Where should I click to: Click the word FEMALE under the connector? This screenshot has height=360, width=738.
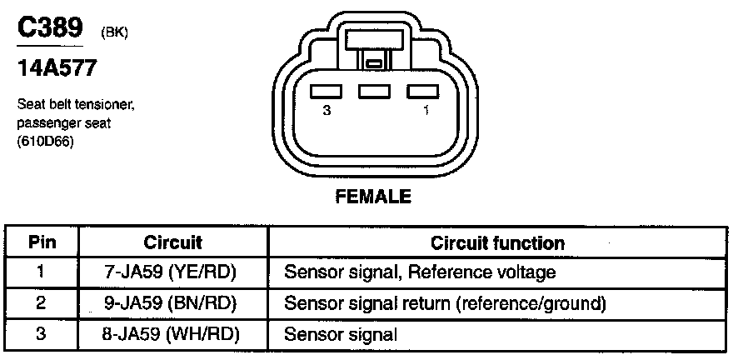(x=373, y=197)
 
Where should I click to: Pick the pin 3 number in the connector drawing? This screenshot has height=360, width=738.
(x=327, y=109)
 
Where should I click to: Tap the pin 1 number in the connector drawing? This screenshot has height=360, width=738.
(x=426, y=109)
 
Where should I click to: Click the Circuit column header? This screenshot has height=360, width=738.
(x=173, y=243)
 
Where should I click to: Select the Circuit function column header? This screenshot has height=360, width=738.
(x=497, y=243)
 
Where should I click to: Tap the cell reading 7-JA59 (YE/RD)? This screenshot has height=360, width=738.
(x=173, y=272)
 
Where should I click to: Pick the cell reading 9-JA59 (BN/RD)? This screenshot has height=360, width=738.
(x=173, y=303)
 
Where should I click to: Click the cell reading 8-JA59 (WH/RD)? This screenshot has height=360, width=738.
(x=173, y=334)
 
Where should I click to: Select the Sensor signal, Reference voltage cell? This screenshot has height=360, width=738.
(x=420, y=272)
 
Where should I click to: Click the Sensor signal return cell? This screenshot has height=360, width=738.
(x=445, y=303)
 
